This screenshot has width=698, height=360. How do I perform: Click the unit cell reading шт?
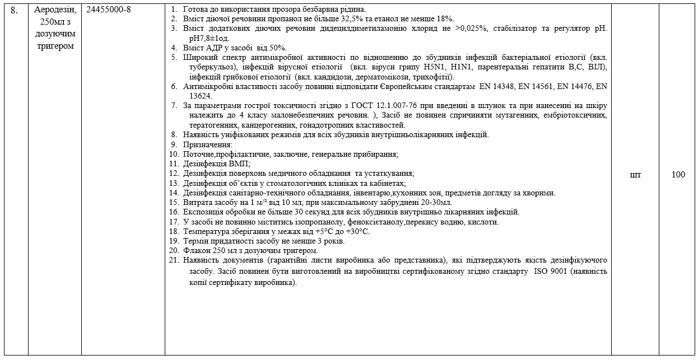(x=635, y=175)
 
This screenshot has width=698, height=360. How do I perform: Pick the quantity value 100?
(x=678, y=175)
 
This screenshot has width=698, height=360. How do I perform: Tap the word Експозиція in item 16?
(x=205, y=212)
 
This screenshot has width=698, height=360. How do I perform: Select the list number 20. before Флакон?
(x=174, y=250)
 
